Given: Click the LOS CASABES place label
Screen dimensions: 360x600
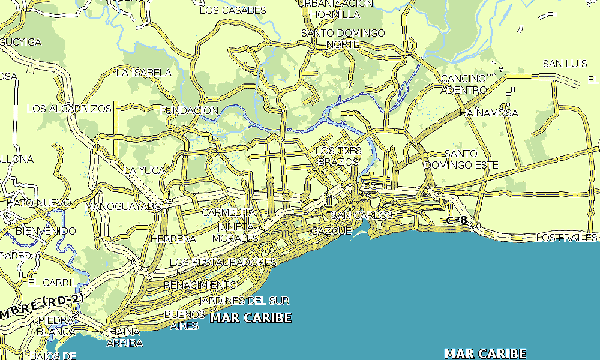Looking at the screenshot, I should click(x=232, y=10).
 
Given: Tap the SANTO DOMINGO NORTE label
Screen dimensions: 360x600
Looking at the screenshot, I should click(x=343, y=38).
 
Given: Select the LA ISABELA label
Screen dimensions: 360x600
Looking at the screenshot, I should click(x=143, y=73).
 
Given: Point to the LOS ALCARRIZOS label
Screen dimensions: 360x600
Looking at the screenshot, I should click(x=69, y=109).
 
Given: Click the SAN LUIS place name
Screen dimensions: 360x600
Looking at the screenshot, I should click(x=565, y=64).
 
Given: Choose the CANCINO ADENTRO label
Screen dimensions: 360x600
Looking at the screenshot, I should click(x=463, y=84).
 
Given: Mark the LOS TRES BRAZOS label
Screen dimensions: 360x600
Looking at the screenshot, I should click(x=338, y=156).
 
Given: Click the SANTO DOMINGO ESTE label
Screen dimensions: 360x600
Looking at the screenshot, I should click(x=461, y=159).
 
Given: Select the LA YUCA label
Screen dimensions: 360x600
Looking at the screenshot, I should click(x=144, y=170).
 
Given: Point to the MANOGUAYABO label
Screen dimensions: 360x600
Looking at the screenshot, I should click(x=124, y=206).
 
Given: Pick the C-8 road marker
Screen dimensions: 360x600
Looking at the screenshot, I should click(x=457, y=220).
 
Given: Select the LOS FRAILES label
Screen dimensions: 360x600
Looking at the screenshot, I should click(x=567, y=238).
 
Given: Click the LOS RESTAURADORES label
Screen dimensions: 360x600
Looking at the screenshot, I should click(x=223, y=262).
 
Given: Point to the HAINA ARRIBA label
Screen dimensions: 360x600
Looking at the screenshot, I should click(x=125, y=337).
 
